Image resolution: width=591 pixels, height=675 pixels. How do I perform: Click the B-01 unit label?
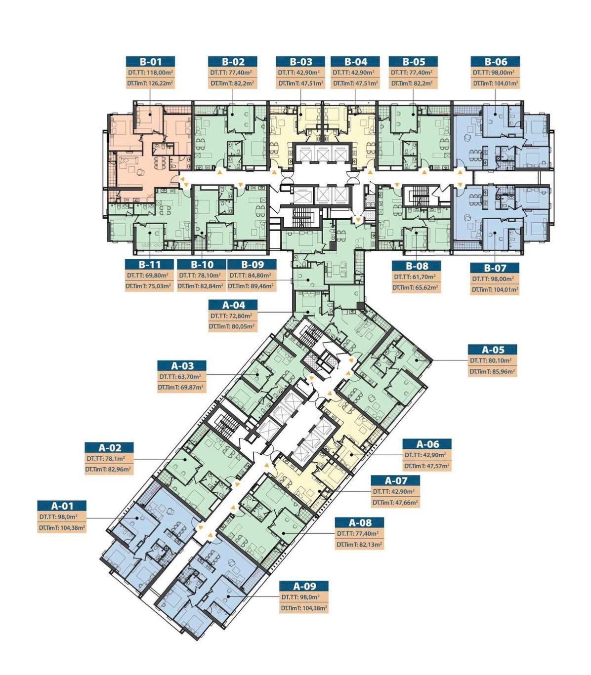[150, 62]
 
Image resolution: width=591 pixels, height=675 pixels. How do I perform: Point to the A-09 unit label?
[304, 586]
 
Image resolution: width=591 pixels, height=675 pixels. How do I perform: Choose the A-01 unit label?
[62, 506]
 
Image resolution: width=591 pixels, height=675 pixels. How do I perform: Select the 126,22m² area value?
[159, 83]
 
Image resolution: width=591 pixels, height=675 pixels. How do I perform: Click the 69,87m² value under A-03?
[190, 388]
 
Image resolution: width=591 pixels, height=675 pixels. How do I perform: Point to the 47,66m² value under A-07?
[403, 503]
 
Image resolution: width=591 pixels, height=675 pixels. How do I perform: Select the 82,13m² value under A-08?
[368, 544]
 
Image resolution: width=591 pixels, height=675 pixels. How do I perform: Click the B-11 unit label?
[149, 265]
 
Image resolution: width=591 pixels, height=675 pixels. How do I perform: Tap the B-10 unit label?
[202, 265]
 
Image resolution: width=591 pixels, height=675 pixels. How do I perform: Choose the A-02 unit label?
[109, 448]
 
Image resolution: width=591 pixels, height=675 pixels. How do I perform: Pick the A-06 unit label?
[427, 444]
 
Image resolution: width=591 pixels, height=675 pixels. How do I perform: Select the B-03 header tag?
[300, 62]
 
